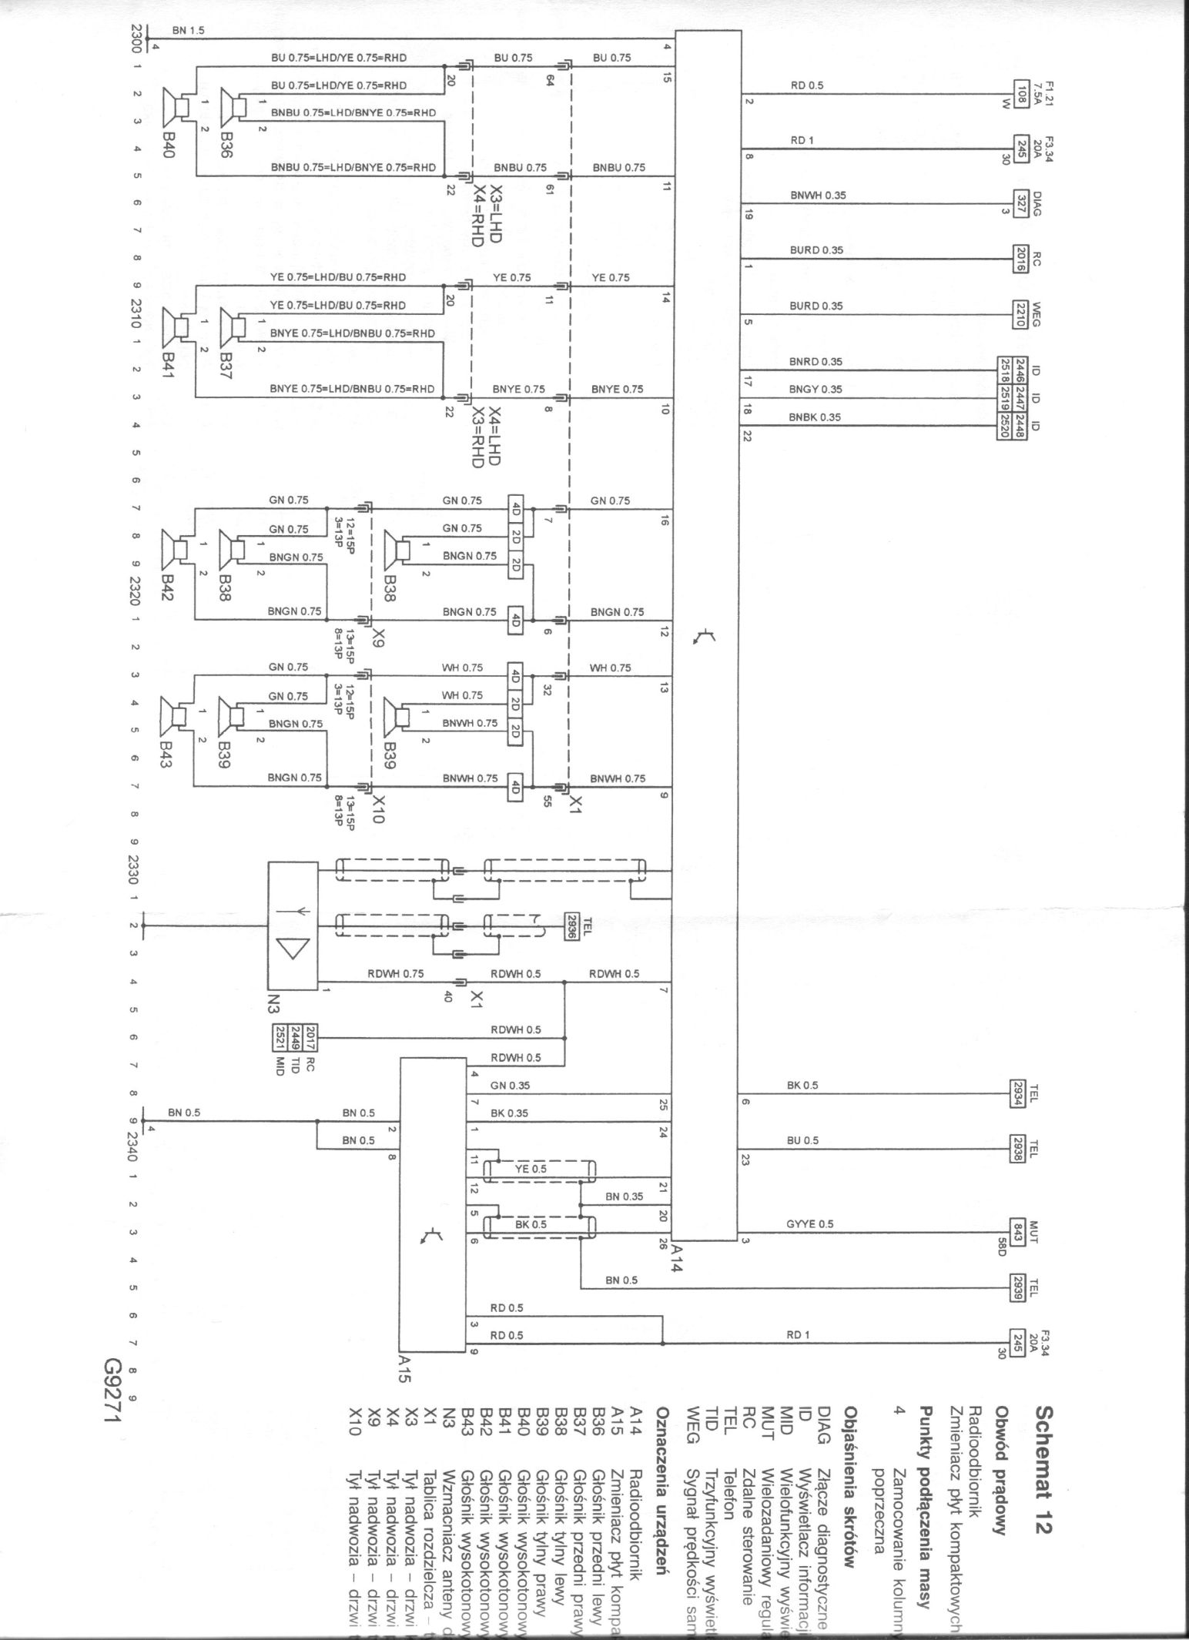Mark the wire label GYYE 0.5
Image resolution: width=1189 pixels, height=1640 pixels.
tap(809, 1223)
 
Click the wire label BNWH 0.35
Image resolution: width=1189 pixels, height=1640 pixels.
tap(817, 196)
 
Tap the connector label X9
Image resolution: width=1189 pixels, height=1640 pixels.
tap(377, 636)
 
